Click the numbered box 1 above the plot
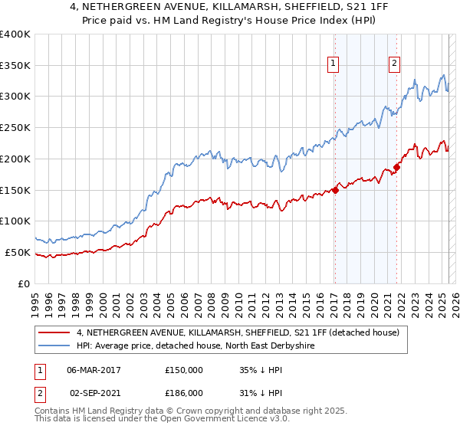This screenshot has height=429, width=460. coord(334,64)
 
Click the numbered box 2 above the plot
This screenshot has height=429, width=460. coord(394,64)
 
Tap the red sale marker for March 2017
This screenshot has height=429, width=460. coord(336,191)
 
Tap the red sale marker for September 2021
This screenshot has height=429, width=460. coord(397,168)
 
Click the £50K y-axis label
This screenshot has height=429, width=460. coord(17,252)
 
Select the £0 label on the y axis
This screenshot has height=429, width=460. coord(25,283)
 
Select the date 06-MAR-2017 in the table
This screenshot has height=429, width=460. coord(94,369)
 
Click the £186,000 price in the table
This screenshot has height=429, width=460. coord(184,392)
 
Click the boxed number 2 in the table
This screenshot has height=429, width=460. coord(38,392)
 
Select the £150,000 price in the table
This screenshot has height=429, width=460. coord(184,369)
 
